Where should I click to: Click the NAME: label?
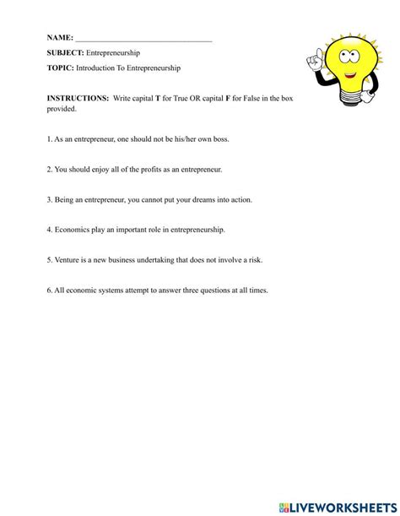click(x=60, y=39)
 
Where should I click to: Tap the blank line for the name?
click(x=143, y=40)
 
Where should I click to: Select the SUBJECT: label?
click(x=65, y=53)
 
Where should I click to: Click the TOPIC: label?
click(x=61, y=68)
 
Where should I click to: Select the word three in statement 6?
click(x=186, y=290)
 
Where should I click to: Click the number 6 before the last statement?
click(x=49, y=290)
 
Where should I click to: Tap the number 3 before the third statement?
click(x=49, y=199)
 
